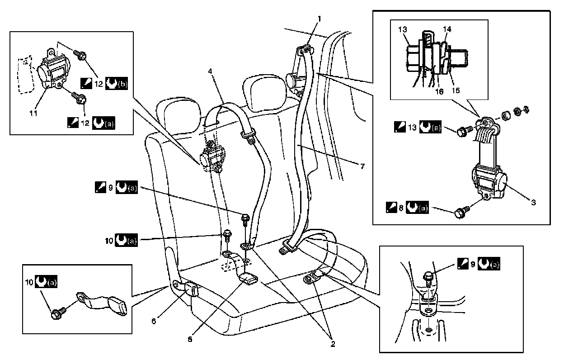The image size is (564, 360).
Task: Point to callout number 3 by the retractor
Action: click(x=533, y=202)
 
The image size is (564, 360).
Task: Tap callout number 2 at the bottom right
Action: click(x=333, y=344)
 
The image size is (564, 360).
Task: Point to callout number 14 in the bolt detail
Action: click(x=447, y=28)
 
